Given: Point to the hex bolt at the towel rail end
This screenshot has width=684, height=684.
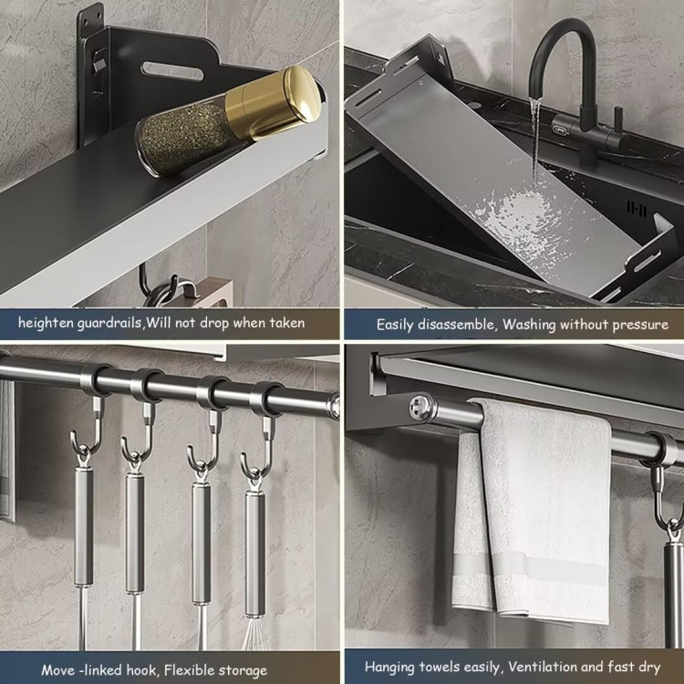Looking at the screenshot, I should point(422,401).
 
